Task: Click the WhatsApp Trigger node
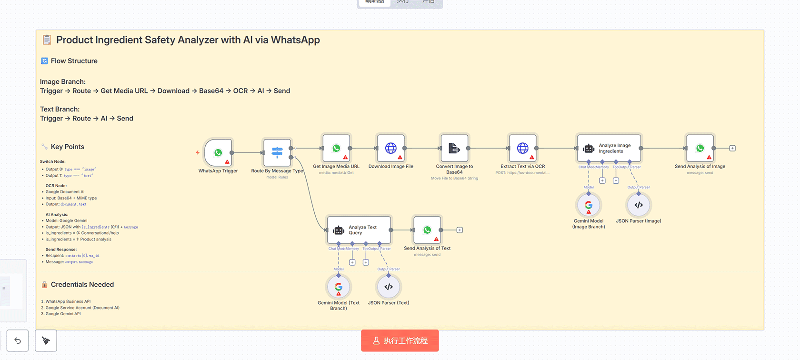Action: pyautogui.click(x=218, y=153)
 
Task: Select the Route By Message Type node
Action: pyautogui.click(x=277, y=153)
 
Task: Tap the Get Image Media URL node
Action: pyautogui.click(x=336, y=149)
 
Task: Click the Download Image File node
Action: pyautogui.click(x=390, y=149)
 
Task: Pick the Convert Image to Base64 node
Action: pyautogui.click(x=454, y=149)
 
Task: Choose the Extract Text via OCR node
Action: pyautogui.click(x=522, y=149)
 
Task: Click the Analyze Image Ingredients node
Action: pyautogui.click(x=610, y=149)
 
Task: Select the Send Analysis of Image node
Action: pyautogui.click(x=700, y=149)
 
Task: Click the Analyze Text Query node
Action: pyautogui.click(x=359, y=230)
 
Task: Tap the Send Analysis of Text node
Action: pyautogui.click(x=427, y=230)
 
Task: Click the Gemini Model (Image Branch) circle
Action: pyautogui.click(x=589, y=205)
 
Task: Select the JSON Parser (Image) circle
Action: pyautogui.click(x=639, y=205)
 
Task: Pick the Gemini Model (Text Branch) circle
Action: pyautogui.click(x=339, y=287)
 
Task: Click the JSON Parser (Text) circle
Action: pyautogui.click(x=389, y=287)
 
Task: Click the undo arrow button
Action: pyautogui.click(x=18, y=340)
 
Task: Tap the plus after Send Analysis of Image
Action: pyautogui.click(x=732, y=149)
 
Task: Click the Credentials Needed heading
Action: pyautogui.click(x=82, y=285)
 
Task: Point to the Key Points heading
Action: pyautogui.click(x=68, y=147)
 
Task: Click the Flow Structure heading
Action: pyautogui.click(x=74, y=61)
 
